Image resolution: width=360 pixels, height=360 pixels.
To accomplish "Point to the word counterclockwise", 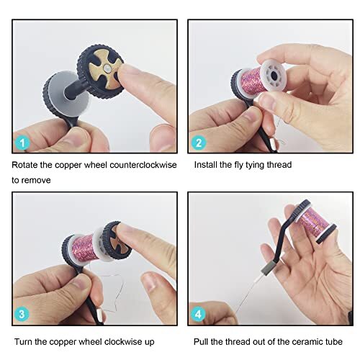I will click(130, 165).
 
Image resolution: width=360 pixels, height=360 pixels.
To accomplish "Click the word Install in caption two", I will click(207, 165).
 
